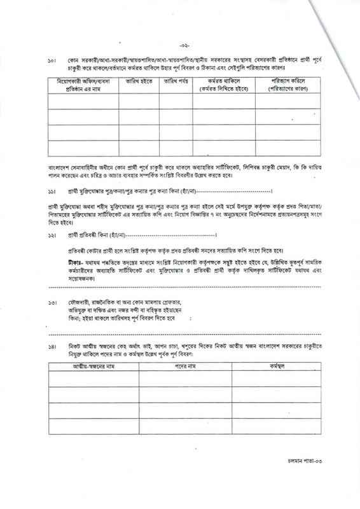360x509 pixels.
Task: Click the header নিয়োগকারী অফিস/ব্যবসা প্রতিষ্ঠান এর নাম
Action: coord(82,85)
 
